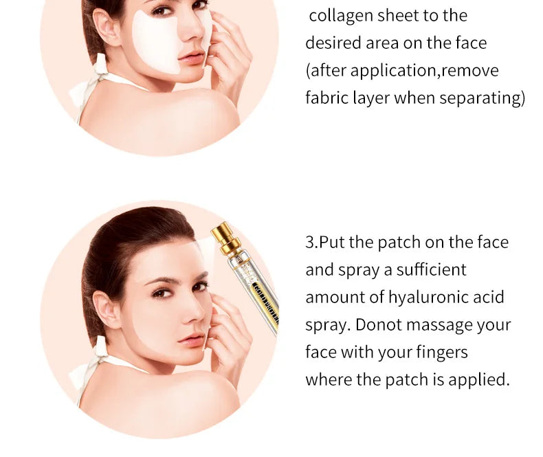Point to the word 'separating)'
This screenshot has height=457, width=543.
coord(483,98)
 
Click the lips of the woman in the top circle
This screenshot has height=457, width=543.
coord(193,57)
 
